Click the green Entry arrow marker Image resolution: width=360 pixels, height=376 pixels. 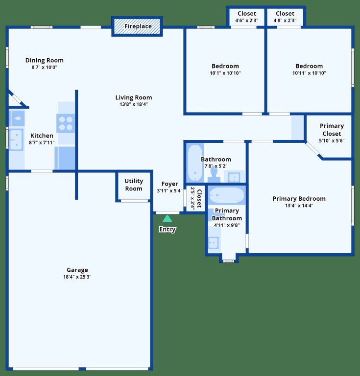coord(167,218)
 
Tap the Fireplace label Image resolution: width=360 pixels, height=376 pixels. coord(138,26)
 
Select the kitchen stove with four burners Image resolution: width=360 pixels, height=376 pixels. coord(66,123)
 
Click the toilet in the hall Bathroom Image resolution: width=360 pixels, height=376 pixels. coord(214,175)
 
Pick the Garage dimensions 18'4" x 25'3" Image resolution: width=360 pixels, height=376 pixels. coord(77,277)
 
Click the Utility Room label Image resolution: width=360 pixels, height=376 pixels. coord(134,185)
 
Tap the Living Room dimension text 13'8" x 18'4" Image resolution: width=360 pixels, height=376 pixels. coord(134,104)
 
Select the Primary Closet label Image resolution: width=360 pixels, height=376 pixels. coord(332,129)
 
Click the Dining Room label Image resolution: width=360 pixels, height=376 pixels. coord(45,60)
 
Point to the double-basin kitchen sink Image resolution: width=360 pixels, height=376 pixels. coord(16,140)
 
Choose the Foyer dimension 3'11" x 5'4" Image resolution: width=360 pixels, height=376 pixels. coord(169,190)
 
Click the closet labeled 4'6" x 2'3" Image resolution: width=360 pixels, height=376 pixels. coord(246,17)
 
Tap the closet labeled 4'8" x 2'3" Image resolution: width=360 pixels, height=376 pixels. coord(285,17)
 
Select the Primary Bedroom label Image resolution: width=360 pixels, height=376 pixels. coord(299,199)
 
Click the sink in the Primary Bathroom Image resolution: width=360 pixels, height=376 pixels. coord(213,243)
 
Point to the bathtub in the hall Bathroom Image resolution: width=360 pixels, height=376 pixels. coord(195,163)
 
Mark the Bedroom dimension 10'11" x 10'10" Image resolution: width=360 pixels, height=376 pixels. coord(309,73)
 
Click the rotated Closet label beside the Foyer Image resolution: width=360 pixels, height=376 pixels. coord(199,198)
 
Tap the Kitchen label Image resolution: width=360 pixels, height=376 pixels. coord(42,136)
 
